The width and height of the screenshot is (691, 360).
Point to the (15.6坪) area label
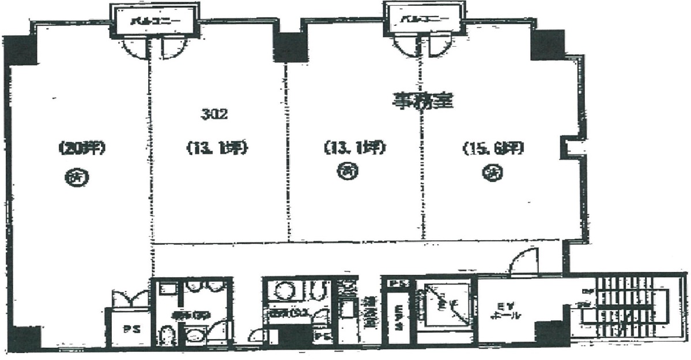coord(492,149)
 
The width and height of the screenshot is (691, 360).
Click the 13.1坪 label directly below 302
coord(216,149)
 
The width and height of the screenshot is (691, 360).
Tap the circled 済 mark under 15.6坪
coord(491,172)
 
